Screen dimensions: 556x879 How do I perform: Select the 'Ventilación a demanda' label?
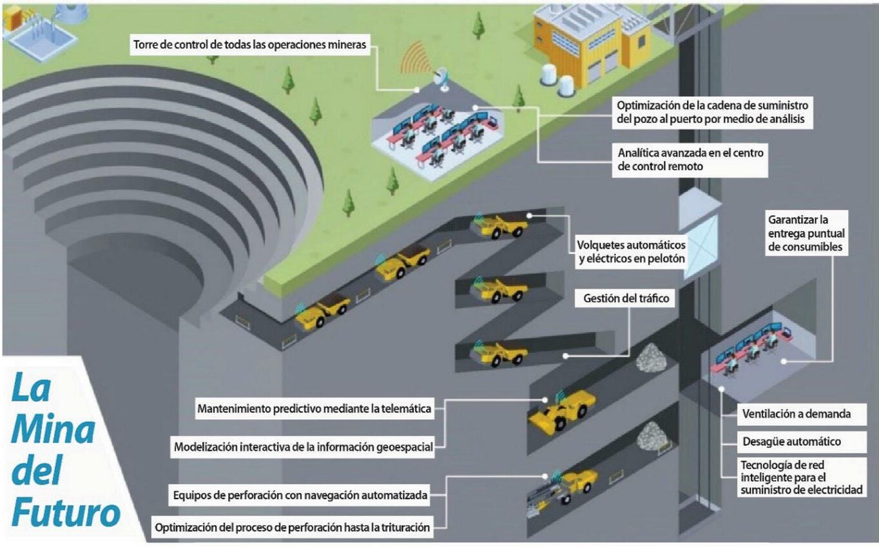pyautogui.click(x=796, y=414)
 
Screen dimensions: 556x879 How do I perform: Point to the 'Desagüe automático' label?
pyautogui.click(x=791, y=442)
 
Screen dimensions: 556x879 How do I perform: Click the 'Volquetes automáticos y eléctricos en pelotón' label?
pyautogui.click(x=631, y=253)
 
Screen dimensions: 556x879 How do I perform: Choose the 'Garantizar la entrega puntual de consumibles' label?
pyautogui.click(x=806, y=233)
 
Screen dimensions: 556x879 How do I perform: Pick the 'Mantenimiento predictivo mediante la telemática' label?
pyautogui.click(x=314, y=408)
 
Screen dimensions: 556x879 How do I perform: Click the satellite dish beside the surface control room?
pyautogui.click(x=443, y=77)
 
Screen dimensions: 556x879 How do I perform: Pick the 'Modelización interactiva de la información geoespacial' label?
pyautogui.click(x=303, y=447)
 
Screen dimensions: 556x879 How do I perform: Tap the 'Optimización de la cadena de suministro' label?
pyautogui.click(x=711, y=111)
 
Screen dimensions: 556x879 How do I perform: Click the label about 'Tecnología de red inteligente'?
pyautogui.click(x=801, y=477)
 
